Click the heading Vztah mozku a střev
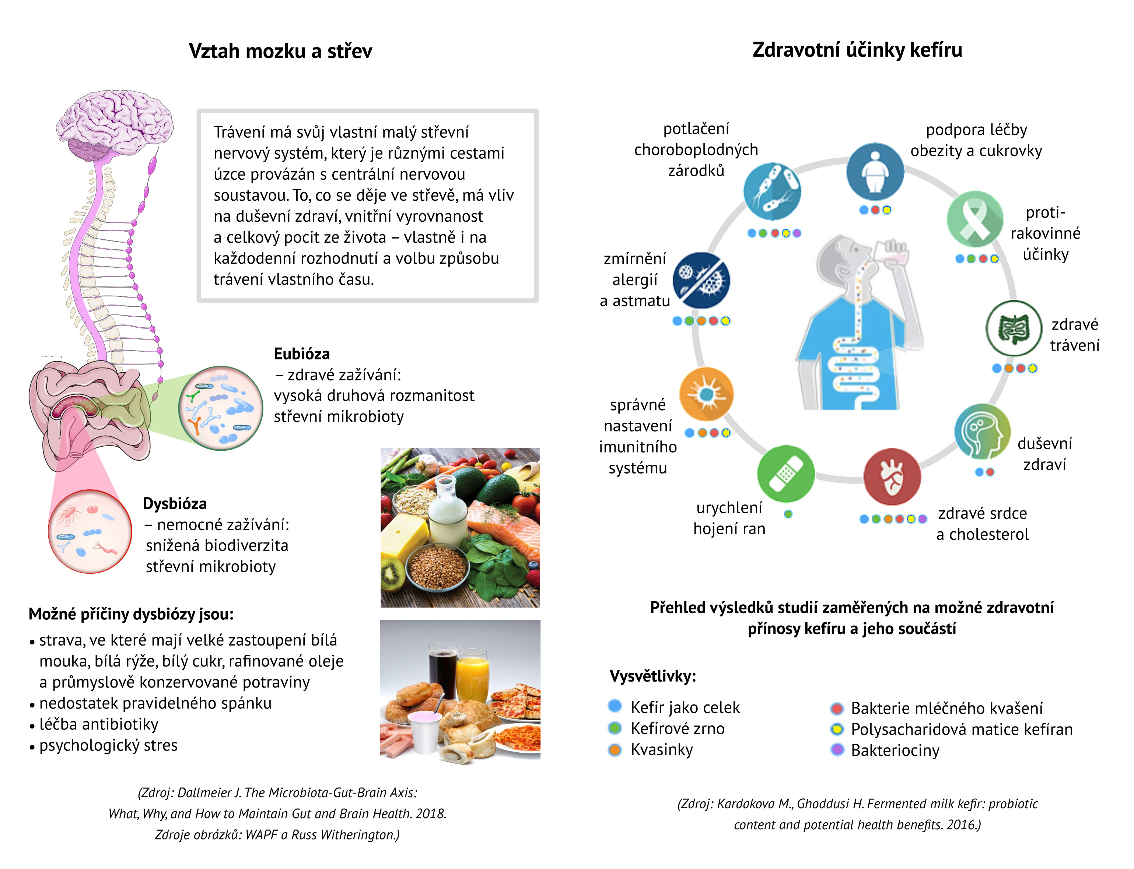(x=280, y=51)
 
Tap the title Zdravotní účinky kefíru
(x=857, y=50)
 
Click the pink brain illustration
(x=114, y=124)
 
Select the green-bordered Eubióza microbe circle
(x=220, y=408)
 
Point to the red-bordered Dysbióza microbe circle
(x=90, y=531)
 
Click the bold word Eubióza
(x=301, y=354)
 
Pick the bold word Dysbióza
(x=174, y=503)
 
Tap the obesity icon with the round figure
(x=875, y=171)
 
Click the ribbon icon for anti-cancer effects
(x=974, y=219)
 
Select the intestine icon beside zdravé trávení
(x=1014, y=328)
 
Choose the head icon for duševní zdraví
(x=982, y=432)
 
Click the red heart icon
(x=892, y=476)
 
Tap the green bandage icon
(x=785, y=473)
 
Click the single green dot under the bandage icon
(x=788, y=514)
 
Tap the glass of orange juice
(x=472, y=675)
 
